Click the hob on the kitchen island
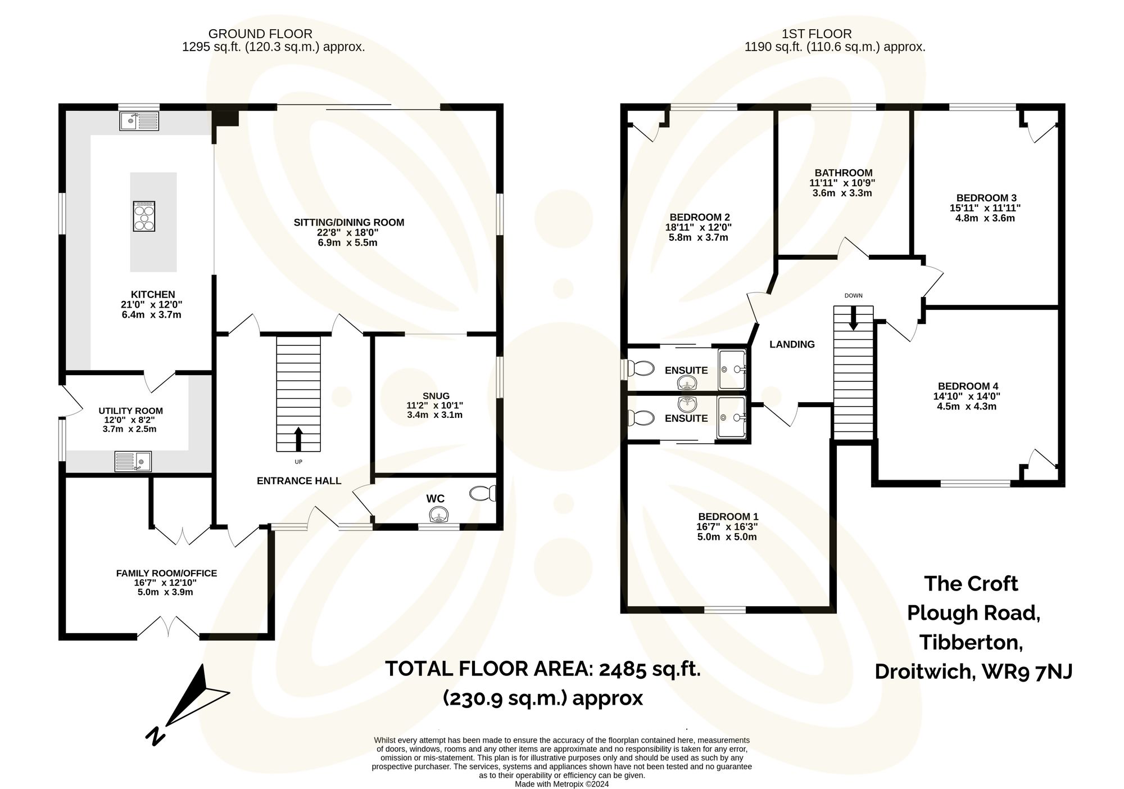click(143, 217)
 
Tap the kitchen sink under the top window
click(139, 121)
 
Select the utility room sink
click(133, 462)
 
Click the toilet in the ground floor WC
click(483, 493)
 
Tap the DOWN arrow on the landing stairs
click(853, 318)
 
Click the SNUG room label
click(436, 396)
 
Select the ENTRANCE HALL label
click(298, 481)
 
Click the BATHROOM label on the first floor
click(843, 173)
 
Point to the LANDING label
click(791, 344)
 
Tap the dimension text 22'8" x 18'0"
click(348, 233)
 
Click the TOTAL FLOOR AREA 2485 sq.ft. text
click(542, 669)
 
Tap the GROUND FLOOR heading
click(260, 34)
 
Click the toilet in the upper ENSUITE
click(641, 369)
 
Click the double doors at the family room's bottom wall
click(168, 628)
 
